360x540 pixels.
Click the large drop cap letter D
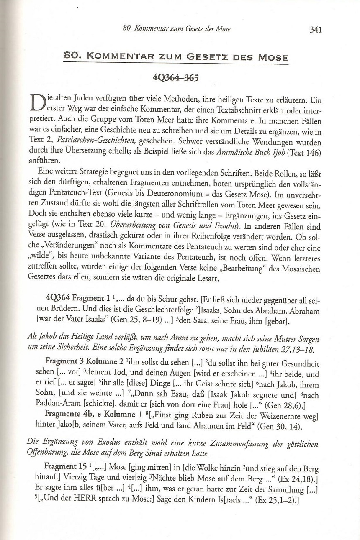coord(39,103)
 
